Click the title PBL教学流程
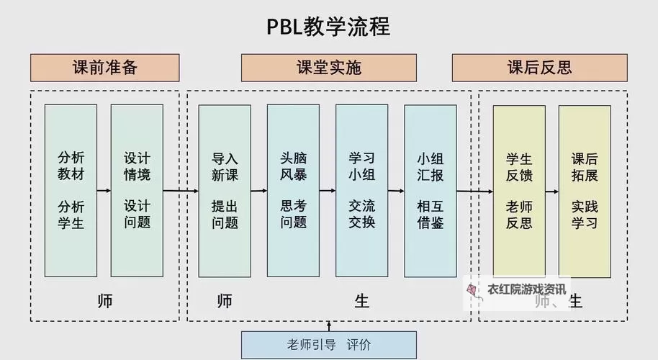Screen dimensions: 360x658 [328, 27]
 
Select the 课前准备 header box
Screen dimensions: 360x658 [105, 68]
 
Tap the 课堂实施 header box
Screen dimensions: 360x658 [329, 68]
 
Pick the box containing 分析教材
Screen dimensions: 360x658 [71, 191]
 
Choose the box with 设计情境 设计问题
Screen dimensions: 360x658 [137, 191]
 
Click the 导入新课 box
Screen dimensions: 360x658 [225, 191]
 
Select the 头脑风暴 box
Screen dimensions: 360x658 [293, 191]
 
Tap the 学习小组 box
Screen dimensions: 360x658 [361, 191]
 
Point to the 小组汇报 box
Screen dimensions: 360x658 [430, 191]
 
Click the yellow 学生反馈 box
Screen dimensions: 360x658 [518, 191]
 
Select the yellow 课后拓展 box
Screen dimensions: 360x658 [585, 191]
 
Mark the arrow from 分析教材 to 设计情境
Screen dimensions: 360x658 [104, 191]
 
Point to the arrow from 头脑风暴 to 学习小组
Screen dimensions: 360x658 [328, 191]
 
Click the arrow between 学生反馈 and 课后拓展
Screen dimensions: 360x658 [551, 192]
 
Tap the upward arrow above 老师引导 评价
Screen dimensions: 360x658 [329, 326]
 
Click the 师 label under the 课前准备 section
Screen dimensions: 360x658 [104, 300]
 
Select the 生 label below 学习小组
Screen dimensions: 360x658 [361, 300]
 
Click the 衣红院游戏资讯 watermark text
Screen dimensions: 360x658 [526, 289]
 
